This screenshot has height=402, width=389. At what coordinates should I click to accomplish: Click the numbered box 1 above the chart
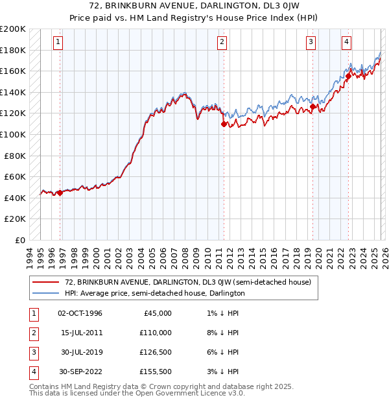point(58,42)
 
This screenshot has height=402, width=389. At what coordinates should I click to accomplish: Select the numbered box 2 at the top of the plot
point(222,42)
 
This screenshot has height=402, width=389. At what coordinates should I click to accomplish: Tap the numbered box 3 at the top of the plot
point(311,42)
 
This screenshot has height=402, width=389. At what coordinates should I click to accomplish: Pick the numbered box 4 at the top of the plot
point(347,42)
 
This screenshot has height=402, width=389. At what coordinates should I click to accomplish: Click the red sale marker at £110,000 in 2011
point(224,124)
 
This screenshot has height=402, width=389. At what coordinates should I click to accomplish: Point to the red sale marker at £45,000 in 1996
point(60,193)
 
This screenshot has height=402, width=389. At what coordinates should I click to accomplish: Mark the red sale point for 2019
point(312,106)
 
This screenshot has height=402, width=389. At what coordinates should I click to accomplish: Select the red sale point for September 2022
point(348,76)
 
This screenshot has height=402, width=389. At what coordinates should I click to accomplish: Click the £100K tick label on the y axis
point(13,134)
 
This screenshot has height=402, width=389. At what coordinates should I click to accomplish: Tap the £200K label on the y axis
point(13,29)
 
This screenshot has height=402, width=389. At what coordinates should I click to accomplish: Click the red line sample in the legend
point(46,282)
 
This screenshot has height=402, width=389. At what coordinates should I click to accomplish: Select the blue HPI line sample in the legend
point(46,293)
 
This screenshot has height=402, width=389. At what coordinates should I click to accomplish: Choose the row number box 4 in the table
point(33,372)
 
